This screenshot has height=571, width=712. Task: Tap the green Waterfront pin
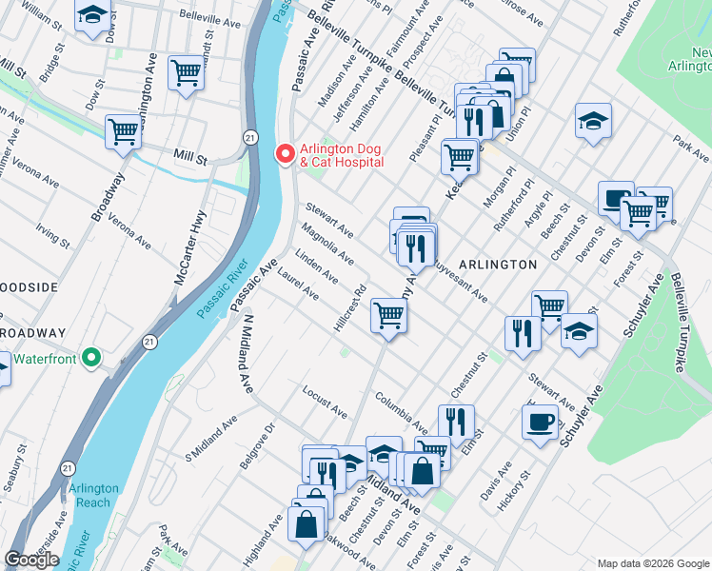[90, 358]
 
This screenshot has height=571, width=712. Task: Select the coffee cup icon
[540, 421]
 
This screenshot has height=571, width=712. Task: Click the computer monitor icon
[616, 198]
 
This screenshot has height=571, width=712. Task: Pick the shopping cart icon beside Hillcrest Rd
[388, 314]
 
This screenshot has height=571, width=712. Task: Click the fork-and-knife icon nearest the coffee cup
[457, 422]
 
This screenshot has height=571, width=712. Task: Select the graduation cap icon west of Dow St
[91, 15]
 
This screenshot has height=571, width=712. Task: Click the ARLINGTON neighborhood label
[497, 264]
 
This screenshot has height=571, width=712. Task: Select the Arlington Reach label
[93, 495]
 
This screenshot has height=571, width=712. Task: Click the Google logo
[31, 560]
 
